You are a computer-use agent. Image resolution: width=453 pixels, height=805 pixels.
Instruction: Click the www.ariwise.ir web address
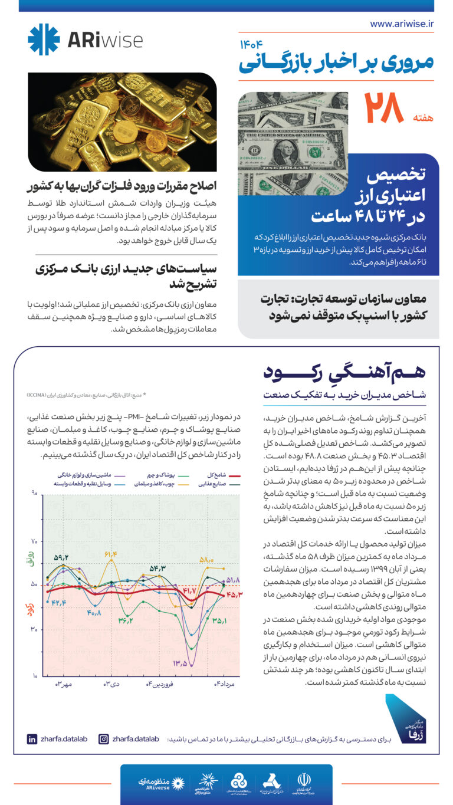402,24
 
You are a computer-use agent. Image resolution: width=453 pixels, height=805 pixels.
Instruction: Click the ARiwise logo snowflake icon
44,40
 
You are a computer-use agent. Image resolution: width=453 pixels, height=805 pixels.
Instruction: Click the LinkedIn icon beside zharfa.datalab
32,738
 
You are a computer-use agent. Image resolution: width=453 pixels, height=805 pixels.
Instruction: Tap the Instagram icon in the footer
104,738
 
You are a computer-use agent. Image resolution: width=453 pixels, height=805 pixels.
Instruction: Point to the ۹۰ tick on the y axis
34,493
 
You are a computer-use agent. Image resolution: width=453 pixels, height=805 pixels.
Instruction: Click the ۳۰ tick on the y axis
34,630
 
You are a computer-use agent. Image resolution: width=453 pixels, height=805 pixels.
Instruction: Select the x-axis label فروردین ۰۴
158,684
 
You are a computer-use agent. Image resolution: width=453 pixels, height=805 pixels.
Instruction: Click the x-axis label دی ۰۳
111,684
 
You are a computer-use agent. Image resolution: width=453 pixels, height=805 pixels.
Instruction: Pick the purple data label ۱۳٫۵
180,663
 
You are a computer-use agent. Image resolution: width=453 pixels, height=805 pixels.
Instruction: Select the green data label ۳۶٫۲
125,620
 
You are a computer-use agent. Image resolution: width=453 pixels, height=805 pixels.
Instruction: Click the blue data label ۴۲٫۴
59,602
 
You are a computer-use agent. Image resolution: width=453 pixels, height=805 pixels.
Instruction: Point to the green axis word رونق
31,558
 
